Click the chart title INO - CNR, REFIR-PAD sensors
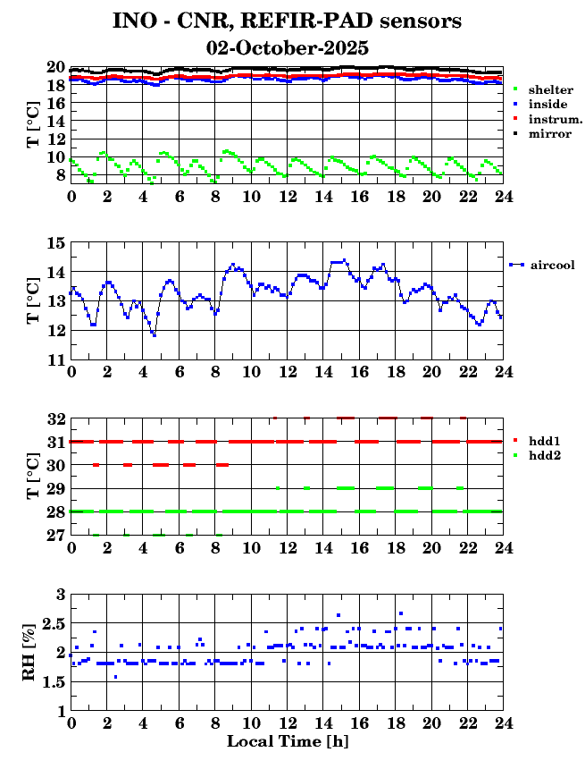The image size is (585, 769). coord(287,21)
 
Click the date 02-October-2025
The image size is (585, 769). coord(287,47)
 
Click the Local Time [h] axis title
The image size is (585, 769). coord(287,741)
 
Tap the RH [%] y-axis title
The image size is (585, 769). coord(30,652)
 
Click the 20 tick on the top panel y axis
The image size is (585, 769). coord(55,67)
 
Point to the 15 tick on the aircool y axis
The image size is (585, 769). coord(55,242)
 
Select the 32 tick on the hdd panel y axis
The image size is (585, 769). coord(55,418)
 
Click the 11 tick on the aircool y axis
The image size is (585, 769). coord(55,359)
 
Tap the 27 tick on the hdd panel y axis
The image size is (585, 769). coord(55,535)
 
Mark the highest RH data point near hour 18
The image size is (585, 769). coord(401,613)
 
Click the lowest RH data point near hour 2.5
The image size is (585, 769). coord(115,677)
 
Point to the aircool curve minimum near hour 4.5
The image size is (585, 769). coord(154,334)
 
